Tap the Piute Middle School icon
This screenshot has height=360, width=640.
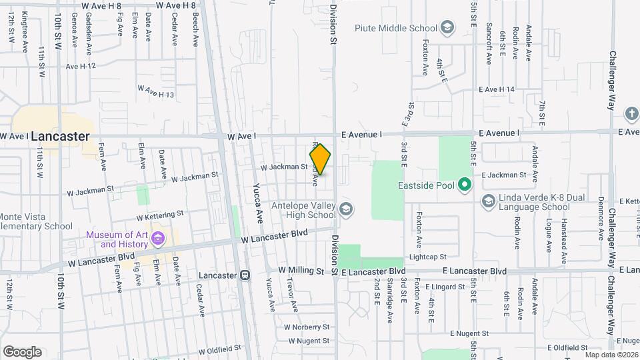tap(448, 28)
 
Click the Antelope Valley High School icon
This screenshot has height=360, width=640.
tap(345, 210)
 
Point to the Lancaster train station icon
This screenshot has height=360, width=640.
tap(245, 275)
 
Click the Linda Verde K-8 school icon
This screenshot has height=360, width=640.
tap(489, 201)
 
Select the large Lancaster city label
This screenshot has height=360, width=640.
tap(60, 136)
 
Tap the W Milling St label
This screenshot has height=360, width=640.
tap(301, 271)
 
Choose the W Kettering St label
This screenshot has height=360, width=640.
tap(160, 215)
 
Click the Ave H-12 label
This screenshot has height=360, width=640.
tap(81, 65)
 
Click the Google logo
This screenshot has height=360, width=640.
tap(22, 351)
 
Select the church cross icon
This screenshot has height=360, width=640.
tap(631, 113)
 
